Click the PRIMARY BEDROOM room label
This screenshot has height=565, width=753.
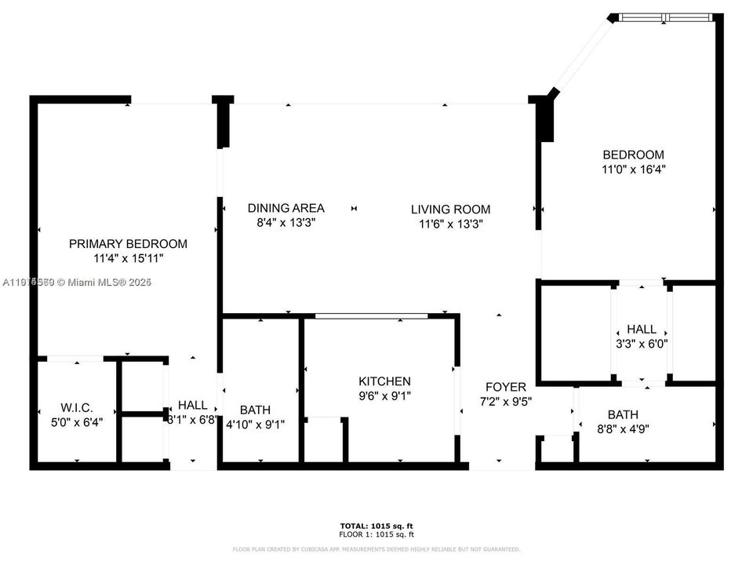tap(128, 243)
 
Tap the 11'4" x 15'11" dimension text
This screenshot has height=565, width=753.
tap(128, 257)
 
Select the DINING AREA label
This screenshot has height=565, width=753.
tap(286, 208)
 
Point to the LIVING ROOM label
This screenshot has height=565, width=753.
tap(450, 209)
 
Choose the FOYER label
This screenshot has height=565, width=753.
tap(505, 387)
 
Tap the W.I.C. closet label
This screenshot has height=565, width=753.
tap(77, 407)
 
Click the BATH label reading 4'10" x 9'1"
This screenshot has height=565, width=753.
tap(255, 410)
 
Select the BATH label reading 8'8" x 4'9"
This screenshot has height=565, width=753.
tap(622, 414)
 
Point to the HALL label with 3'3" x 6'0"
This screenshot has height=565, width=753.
tap(641, 330)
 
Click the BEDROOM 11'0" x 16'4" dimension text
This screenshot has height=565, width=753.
tap(633, 169)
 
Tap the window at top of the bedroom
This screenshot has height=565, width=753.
tap(665, 17)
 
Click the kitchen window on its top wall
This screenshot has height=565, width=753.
tap(371, 316)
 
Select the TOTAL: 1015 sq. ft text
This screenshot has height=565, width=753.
tap(376, 525)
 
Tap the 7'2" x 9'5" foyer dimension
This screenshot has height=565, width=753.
tap(505, 401)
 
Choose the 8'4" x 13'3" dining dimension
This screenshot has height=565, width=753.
tap(286, 222)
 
